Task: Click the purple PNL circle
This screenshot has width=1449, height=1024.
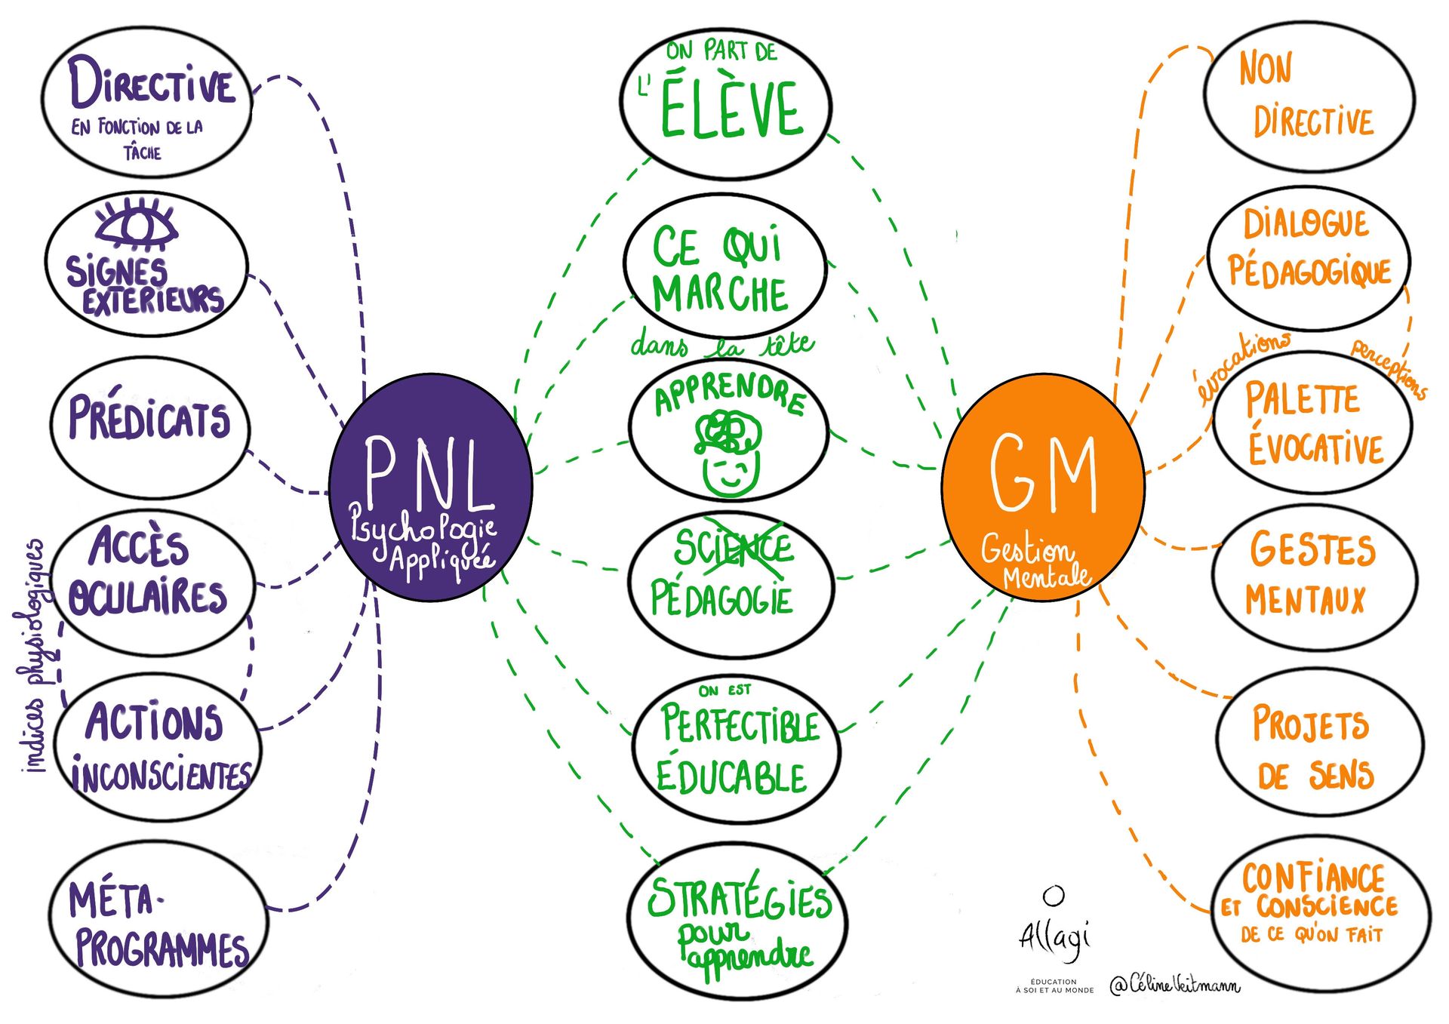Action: pos(430,487)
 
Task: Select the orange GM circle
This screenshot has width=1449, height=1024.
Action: pos(1043,487)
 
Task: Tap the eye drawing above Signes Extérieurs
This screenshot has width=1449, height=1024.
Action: pos(137,224)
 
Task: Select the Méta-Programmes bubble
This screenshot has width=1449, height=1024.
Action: pos(158,917)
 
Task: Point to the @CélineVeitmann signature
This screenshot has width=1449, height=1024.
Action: pos(1174,984)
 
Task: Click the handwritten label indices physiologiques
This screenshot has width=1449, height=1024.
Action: pos(34,657)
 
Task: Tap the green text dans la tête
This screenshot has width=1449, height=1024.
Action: pos(722,346)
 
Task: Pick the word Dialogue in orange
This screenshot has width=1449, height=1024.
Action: pos(1306,224)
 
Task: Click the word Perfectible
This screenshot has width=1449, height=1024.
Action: pos(740,724)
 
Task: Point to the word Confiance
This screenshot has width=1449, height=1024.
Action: pos(1313,878)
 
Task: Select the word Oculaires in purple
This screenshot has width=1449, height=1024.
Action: pos(148,596)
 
